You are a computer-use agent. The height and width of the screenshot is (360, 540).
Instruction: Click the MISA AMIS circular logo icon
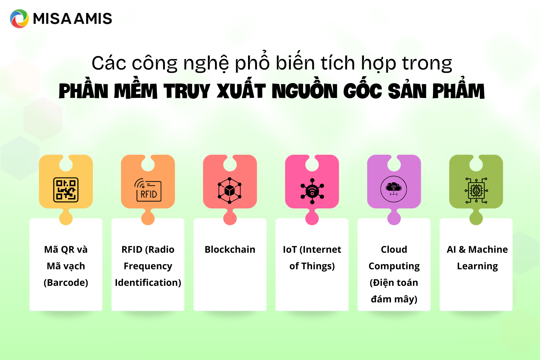coord(19,19)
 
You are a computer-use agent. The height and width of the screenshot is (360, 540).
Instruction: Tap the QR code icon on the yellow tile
coord(66,189)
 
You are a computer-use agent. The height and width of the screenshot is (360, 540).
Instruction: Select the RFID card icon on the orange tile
coord(148,190)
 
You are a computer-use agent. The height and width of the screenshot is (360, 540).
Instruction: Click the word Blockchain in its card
coord(230,249)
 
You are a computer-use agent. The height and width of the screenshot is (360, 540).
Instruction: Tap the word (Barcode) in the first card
coord(66,283)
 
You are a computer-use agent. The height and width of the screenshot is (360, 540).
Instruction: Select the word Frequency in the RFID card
coord(148,266)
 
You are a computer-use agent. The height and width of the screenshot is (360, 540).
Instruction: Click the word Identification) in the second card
coord(148,283)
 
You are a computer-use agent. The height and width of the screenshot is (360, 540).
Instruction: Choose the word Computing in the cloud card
coord(394,266)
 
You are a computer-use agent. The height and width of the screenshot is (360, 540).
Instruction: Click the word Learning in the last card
coord(477,266)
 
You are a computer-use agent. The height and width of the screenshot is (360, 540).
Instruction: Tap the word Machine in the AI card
coord(488,249)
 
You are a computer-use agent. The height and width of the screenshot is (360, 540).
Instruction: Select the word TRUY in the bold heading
coord(186,91)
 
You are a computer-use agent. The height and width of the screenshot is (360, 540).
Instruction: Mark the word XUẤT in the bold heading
coord(241,91)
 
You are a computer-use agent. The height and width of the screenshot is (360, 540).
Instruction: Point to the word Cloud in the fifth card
coord(394,249)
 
